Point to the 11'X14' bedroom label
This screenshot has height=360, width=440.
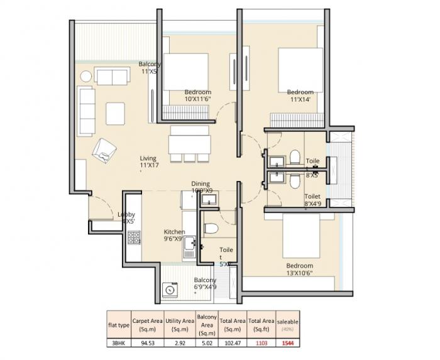click(300, 95)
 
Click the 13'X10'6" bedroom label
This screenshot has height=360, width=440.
click(299, 269)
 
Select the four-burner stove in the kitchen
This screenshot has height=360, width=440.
click(134, 237)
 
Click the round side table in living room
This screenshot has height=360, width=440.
click(85, 76)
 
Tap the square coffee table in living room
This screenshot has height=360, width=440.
click(115, 113)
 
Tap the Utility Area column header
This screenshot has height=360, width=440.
click(179, 324)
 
